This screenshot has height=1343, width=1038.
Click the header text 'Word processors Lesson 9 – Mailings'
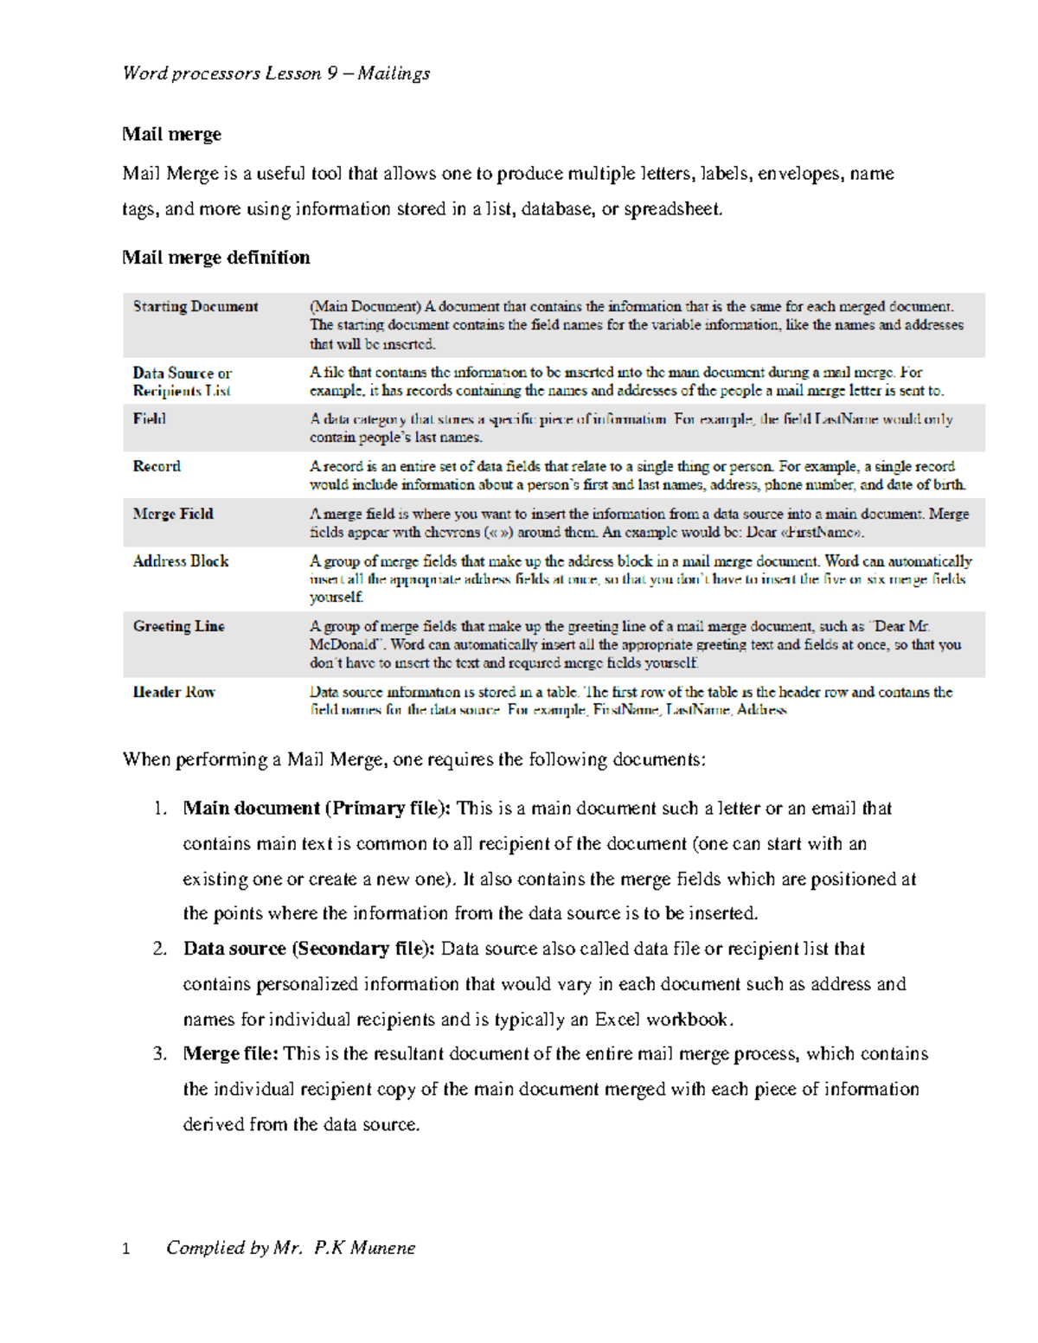(x=276, y=74)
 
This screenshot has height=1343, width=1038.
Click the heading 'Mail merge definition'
(x=215, y=258)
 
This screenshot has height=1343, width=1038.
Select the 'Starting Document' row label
(x=195, y=307)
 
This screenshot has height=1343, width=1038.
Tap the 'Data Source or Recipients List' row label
(x=182, y=381)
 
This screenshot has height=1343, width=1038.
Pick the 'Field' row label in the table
(x=149, y=419)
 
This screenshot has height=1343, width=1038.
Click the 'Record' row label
(x=157, y=466)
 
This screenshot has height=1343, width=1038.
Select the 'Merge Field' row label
(x=173, y=514)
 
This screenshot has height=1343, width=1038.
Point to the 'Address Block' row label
(x=181, y=561)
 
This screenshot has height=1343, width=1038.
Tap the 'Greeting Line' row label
(x=178, y=626)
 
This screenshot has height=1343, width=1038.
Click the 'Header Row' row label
(x=174, y=692)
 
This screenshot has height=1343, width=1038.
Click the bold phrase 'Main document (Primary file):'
(x=317, y=809)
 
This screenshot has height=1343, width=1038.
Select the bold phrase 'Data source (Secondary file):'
(x=309, y=949)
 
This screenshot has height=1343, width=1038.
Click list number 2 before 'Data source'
(x=159, y=949)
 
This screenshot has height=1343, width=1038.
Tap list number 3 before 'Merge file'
(x=159, y=1054)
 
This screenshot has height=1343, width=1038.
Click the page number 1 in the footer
(x=126, y=1249)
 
